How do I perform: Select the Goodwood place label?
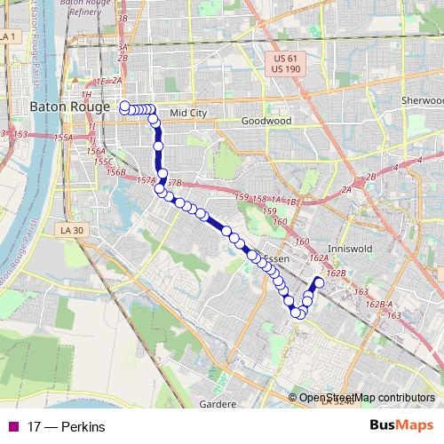click(x=266, y=120)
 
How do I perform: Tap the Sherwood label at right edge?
click(x=422, y=100)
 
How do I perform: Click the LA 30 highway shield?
click(x=71, y=230)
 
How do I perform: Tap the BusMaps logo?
click(x=401, y=425)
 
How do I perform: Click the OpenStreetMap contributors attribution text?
click(x=366, y=398)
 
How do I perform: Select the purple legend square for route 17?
click(x=12, y=426)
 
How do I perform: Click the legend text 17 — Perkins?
click(x=66, y=426)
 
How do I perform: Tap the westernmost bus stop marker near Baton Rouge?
click(x=124, y=107)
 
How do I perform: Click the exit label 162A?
click(x=317, y=258)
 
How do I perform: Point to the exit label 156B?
click(x=115, y=172)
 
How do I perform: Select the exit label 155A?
click(x=63, y=139)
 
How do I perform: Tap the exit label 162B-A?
click(x=379, y=305)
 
